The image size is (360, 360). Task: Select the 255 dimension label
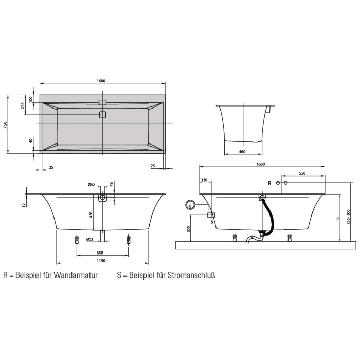[23, 105]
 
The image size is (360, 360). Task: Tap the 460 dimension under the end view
[242, 152]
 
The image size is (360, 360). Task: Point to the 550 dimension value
[302, 174]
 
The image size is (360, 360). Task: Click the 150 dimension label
[204, 180]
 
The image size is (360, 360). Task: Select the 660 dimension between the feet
[100, 253]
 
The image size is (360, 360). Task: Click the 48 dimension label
[111, 184]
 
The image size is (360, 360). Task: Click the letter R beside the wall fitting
[268, 183]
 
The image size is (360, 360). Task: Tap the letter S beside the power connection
[211, 222]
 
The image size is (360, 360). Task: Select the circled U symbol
[191, 205]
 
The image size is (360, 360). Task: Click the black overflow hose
[269, 216]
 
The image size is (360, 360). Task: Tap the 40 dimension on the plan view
[31, 140]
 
